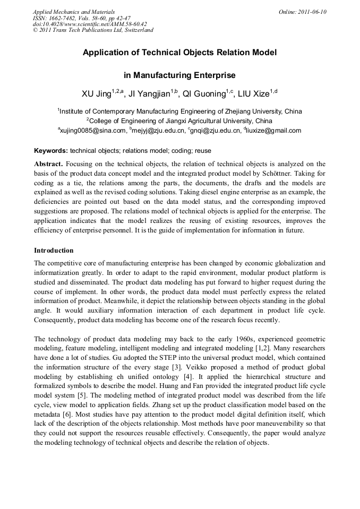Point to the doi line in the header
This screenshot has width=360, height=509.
90,24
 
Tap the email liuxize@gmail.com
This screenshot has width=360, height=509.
273,131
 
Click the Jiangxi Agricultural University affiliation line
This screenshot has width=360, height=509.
180,121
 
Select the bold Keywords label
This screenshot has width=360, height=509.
51,151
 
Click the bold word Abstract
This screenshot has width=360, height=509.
48,164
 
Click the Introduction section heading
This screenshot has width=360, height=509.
54,250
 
